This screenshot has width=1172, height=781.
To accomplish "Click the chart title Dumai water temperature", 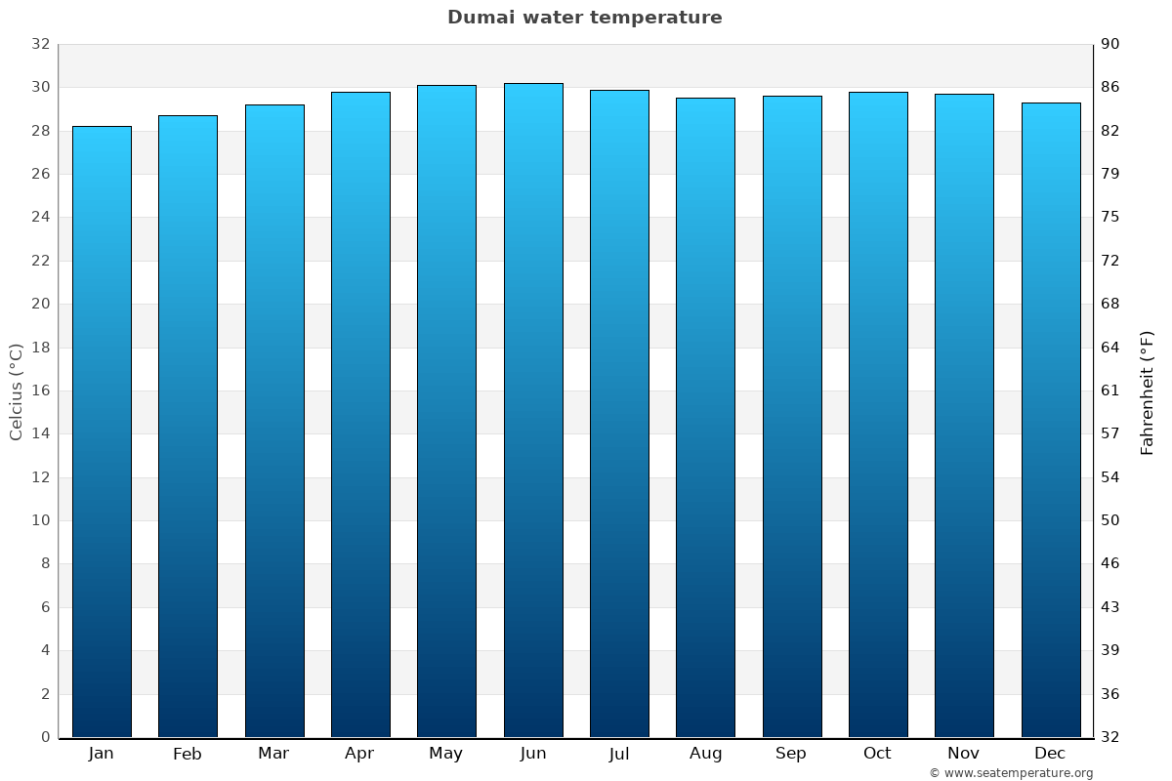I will coord(585,18).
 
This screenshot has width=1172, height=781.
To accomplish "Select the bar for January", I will coord(102,432).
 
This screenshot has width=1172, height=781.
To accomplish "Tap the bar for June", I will coord(533,410).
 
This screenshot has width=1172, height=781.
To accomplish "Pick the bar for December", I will coord(1051,420).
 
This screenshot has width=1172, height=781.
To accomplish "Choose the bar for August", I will coord(705,418).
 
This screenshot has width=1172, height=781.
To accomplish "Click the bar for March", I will coord(274,421).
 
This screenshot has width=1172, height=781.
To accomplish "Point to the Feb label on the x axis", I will coord(188,754).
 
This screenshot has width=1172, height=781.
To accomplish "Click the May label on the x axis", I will coord(446,754).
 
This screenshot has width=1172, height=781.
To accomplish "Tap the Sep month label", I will coord(791,754).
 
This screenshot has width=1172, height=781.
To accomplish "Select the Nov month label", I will coord(964,754).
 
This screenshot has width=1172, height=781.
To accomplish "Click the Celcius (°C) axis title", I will coord(17,391).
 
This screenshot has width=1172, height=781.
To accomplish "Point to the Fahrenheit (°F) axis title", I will coord(1147,392).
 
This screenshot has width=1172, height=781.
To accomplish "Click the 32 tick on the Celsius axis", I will coord(41,44).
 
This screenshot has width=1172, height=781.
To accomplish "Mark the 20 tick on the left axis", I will coord(41,304).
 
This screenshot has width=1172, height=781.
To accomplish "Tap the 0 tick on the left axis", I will coord(45,737).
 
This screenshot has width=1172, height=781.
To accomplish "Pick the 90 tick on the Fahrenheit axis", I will coord(1111,44).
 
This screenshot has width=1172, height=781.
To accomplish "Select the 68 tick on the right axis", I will coord(1111,304).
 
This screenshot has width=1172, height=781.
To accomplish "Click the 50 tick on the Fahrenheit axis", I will coord(1111,520).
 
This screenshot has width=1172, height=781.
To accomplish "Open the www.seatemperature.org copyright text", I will coord(1011,773).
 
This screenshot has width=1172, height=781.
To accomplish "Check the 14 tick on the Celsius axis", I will coord(41,433).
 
